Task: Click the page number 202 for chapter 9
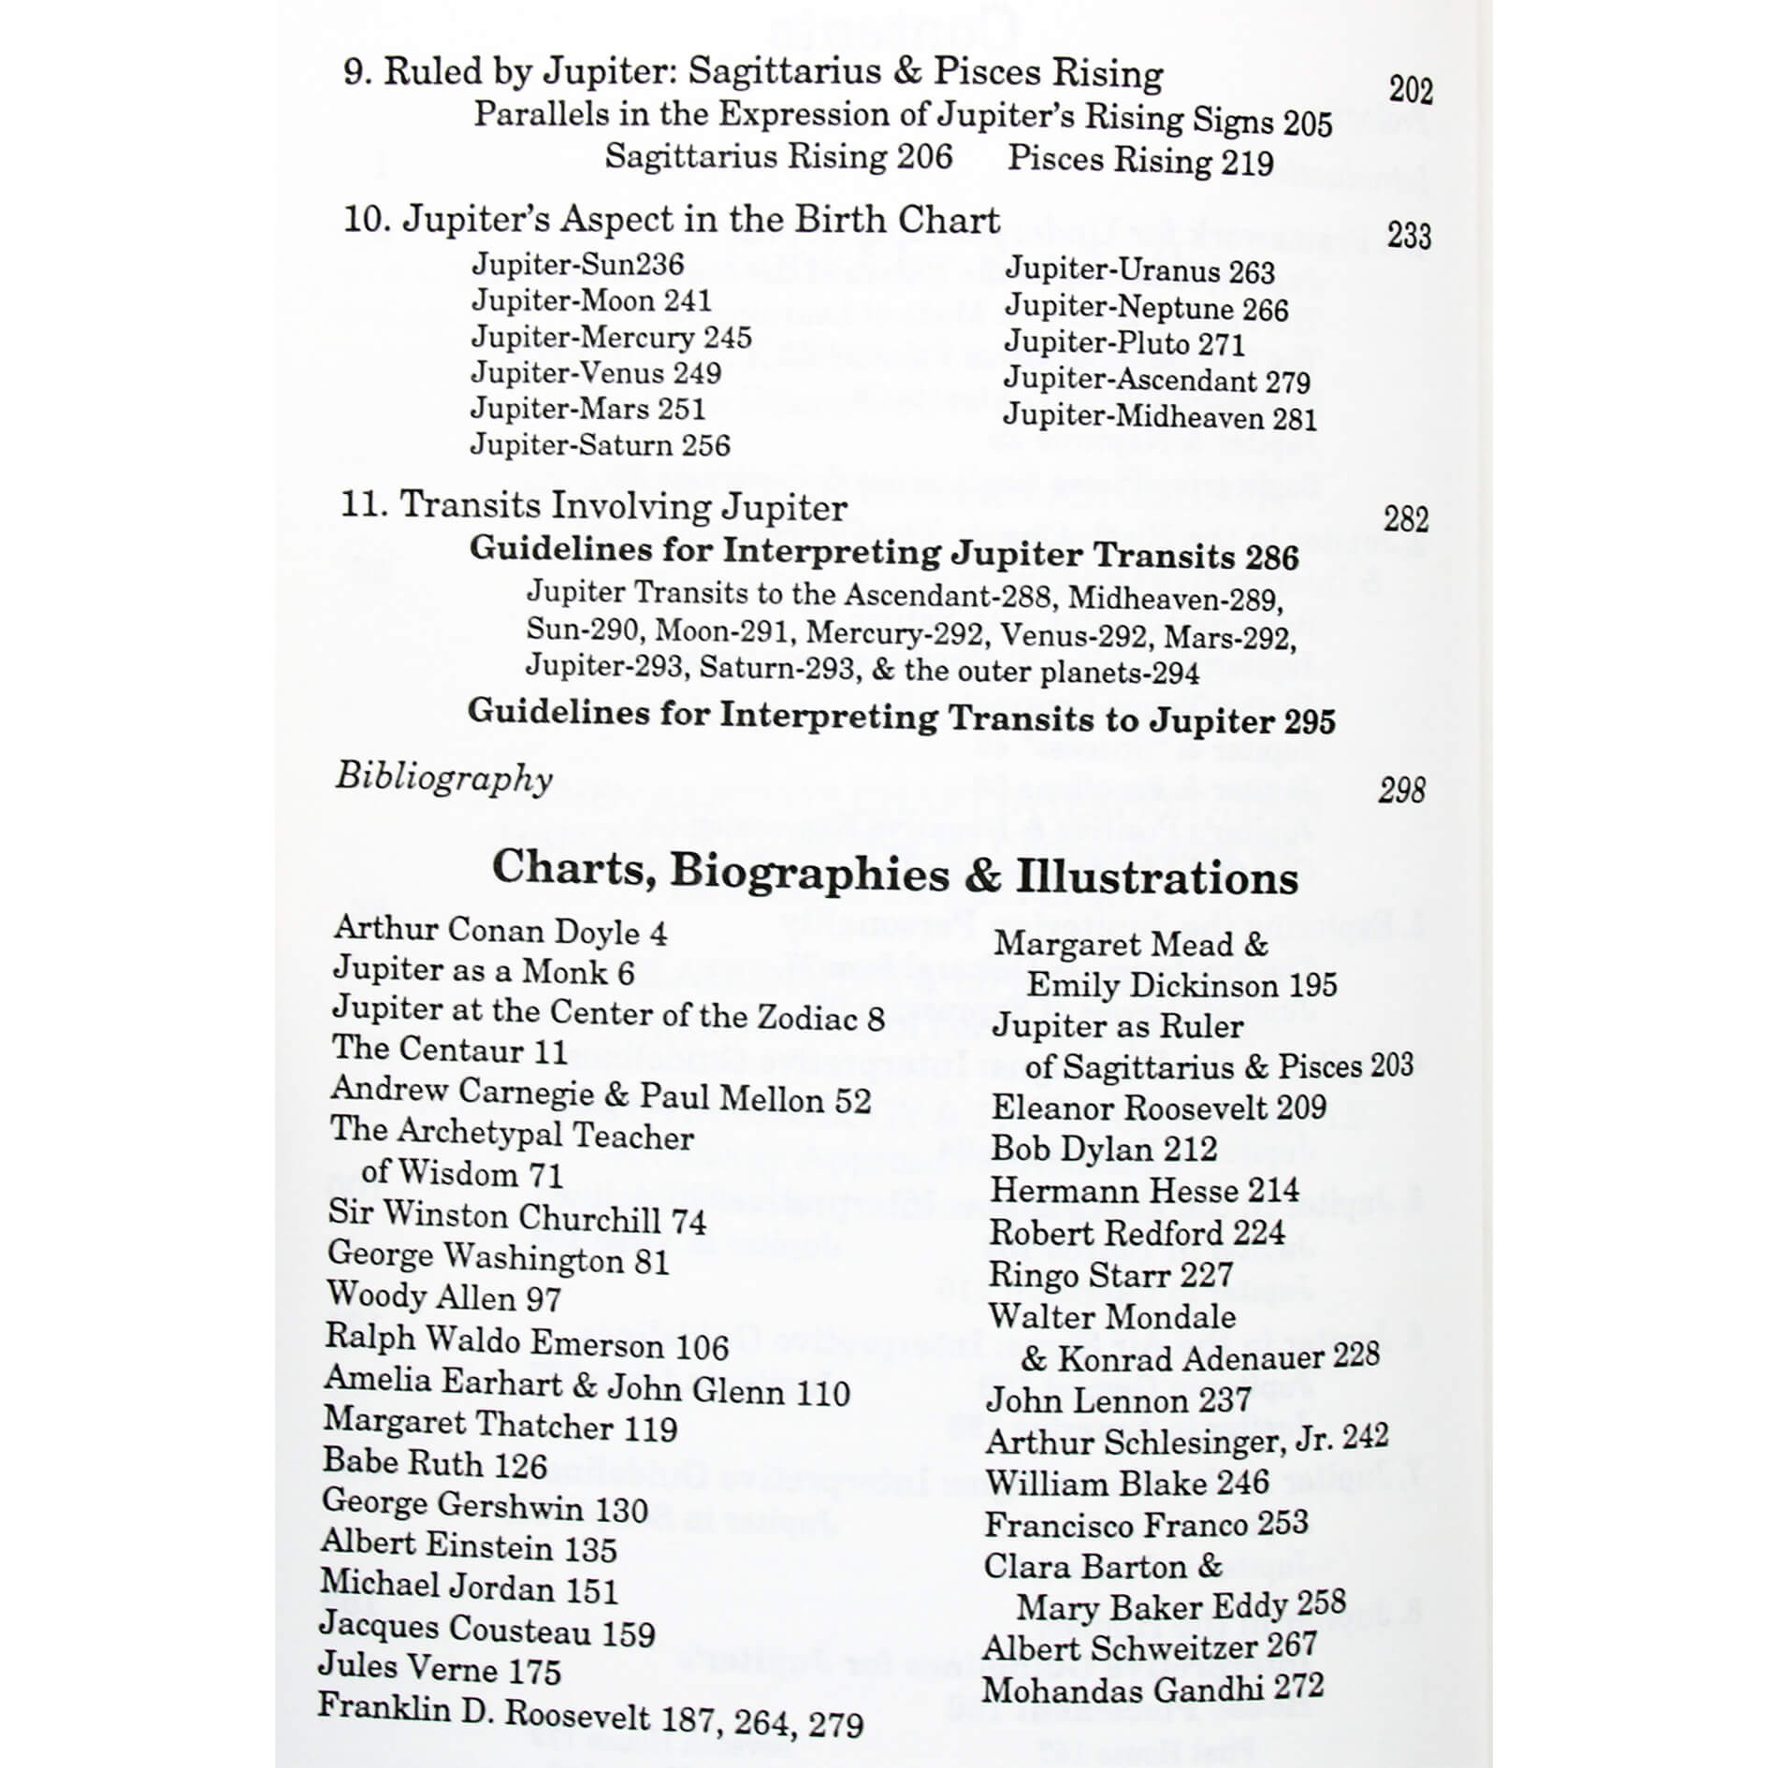coord(1410,90)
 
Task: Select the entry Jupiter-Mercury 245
coord(611,337)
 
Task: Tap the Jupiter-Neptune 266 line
coord(1146,308)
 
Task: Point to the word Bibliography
coord(444,777)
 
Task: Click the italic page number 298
coord(1401,790)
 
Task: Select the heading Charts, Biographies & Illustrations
coord(894,873)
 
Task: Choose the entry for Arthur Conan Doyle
coord(500,930)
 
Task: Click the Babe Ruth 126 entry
coord(434,1463)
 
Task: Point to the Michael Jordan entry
coord(469,1587)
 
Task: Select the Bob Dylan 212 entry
coord(1104,1149)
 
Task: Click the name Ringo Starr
coord(1110,1274)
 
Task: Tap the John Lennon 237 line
coord(1119,1399)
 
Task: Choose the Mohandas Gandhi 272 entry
coord(1152,1689)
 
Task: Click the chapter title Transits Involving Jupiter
coord(623,506)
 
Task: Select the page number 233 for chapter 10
coord(1409,235)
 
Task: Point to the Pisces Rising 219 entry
coord(1139,160)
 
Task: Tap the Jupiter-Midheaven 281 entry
coord(1160,416)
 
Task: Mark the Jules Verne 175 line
coord(439,1669)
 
